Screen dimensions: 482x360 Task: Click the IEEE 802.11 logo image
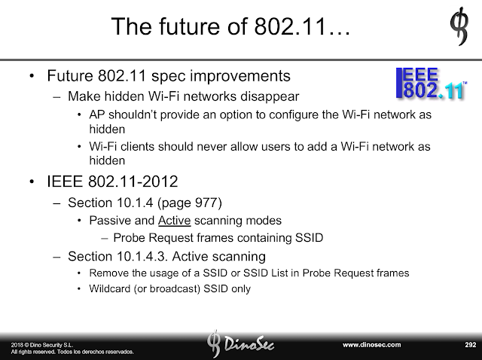pyautogui.click(x=432, y=84)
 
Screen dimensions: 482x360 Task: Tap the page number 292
pyautogui.click(x=470, y=345)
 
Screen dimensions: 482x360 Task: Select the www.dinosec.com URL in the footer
pyautogui.click(x=371, y=345)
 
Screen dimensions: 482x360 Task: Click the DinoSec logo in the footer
pyautogui.click(x=240, y=344)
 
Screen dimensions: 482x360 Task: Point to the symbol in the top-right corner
pyautogui.click(x=459, y=26)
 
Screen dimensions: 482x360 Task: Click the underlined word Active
pyautogui.click(x=174, y=221)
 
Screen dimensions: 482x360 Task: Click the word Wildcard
pyautogui.click(x=110, y=288)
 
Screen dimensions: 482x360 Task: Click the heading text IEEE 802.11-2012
pyautogui.click(x=112, y=182)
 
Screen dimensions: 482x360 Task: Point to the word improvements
pyautogui.click(x=240, y=76)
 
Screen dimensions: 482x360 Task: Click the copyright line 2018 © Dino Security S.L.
pyautogui.click(x=42, y=345)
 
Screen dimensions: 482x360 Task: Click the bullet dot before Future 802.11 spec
pyautogui.click(x=32, y=76)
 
